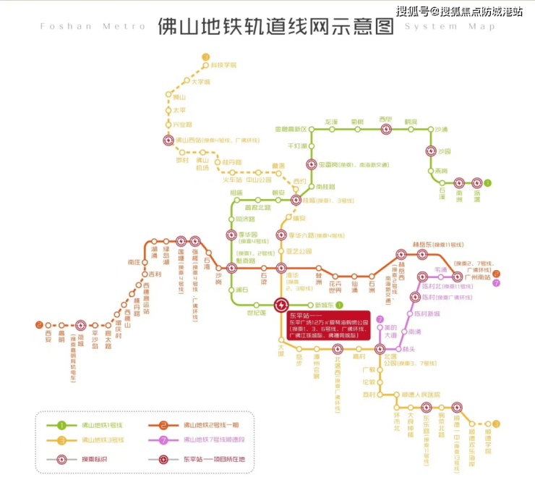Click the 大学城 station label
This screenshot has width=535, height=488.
point(200,82)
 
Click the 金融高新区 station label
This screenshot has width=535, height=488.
point(291,129)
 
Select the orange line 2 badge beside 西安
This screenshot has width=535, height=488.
point(39,325)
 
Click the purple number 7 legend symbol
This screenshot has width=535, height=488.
point(164,439)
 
